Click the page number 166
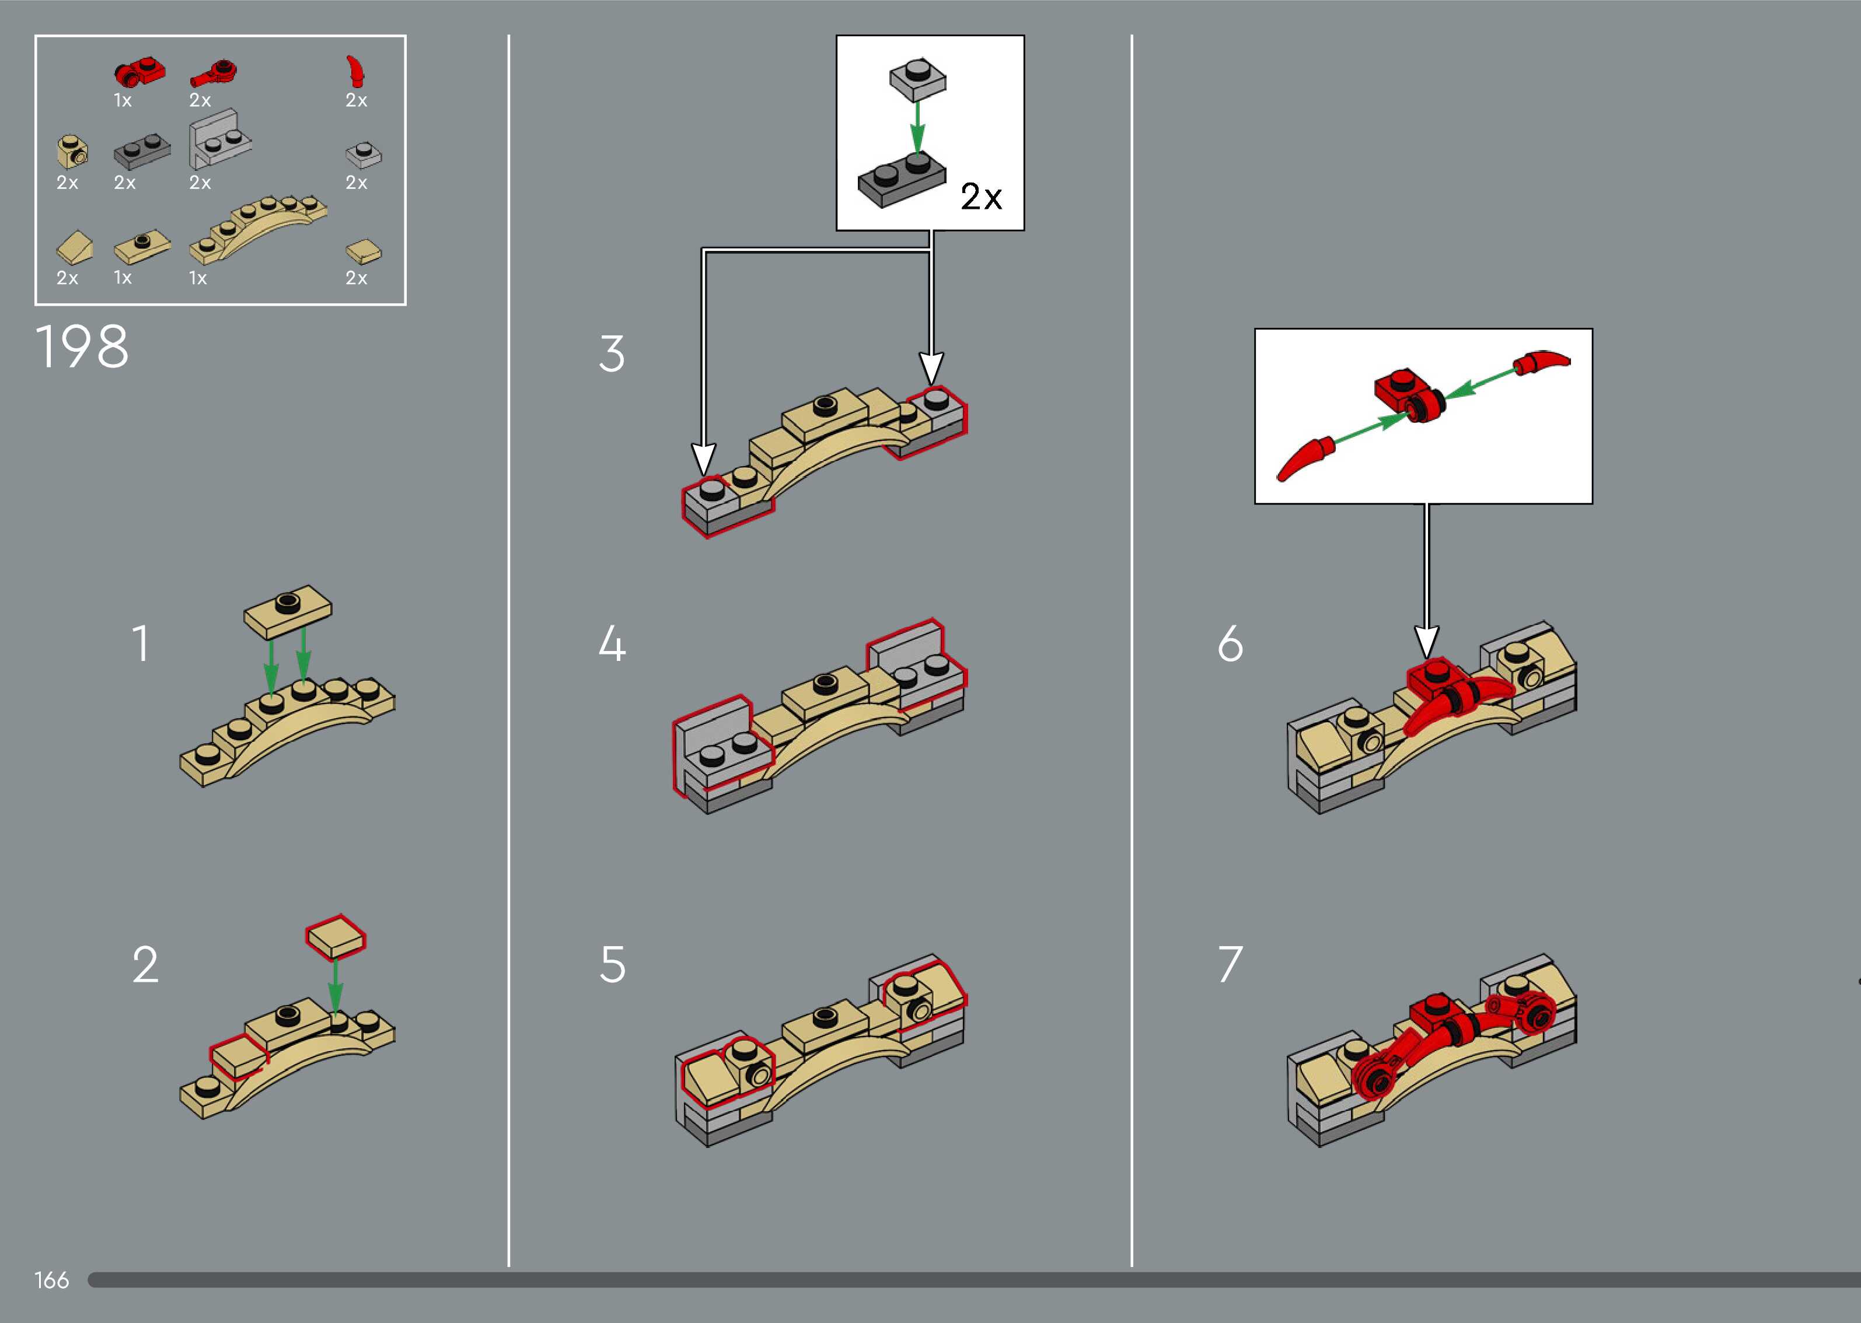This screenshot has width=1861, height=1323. tap(51, 1280)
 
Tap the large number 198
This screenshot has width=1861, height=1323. tap(82, 347)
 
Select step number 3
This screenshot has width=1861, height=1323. tap(612, 353)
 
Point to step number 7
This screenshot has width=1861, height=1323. tap(1230, 965)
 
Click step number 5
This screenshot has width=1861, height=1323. tap(613, 965)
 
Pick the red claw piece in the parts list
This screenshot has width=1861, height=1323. tap(355, 71)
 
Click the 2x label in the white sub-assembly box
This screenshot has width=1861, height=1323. tap(981, 197)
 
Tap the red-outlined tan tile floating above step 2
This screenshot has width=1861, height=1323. tap(336, 937)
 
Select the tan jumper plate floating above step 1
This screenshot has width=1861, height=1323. tap(288, 610)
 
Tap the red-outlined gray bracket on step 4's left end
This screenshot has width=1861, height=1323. tap(721, 744)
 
